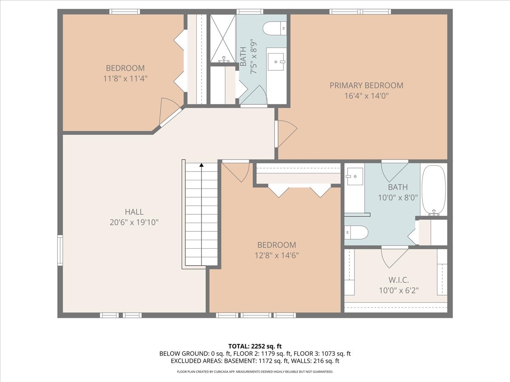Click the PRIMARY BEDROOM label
click(366, 85)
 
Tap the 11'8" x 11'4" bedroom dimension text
click(125, 79)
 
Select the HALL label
click(134, 212)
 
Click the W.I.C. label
click(398, 280)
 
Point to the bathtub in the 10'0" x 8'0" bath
click(433, 190)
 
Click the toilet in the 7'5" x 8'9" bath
click(275, 28)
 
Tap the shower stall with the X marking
click(223, 39)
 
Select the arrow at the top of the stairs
click(201, 165)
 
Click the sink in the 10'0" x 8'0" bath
click(354, 176)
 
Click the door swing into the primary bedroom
click(286, 133)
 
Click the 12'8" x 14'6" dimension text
click(276, 256)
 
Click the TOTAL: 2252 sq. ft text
click(255, 345)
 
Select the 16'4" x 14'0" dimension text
click(366, 96)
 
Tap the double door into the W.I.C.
click(394, 257)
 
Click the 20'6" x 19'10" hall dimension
click(134, 222)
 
